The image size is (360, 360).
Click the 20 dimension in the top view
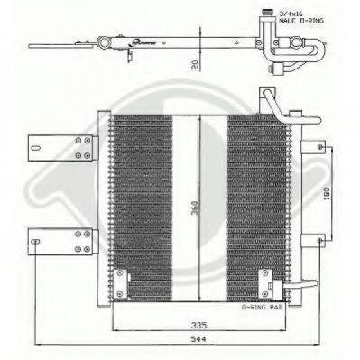click(x=196, y=65)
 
